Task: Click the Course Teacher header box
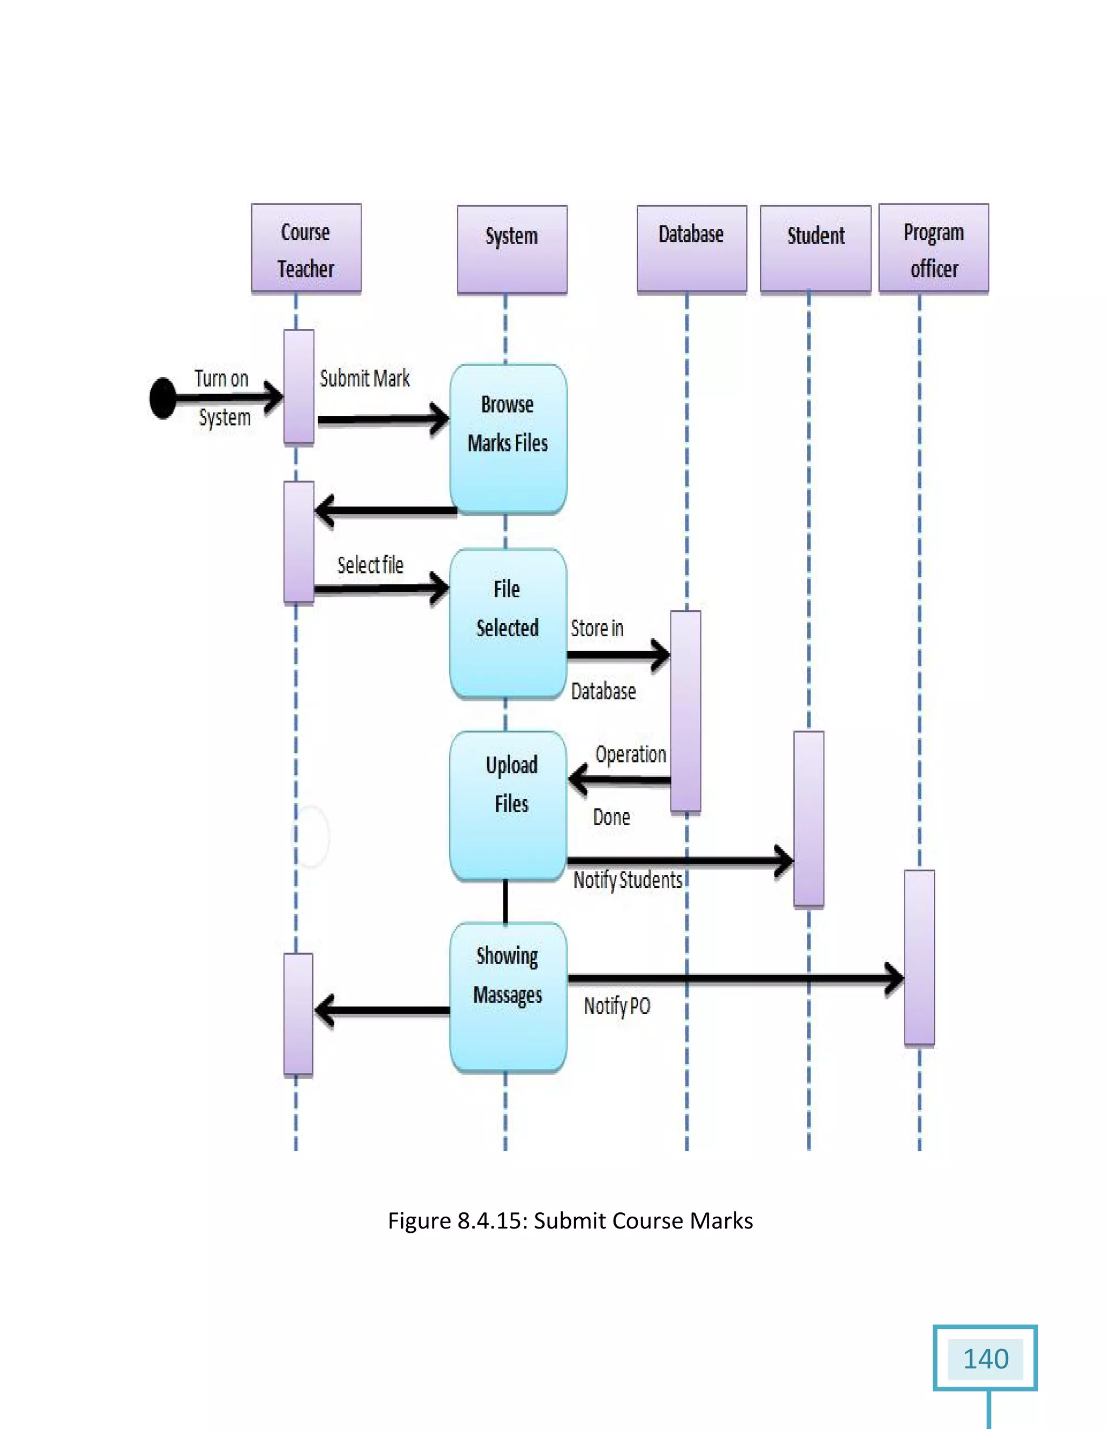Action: tap(306, 248)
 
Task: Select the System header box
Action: tap(512, 249)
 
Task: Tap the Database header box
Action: tap(691, 248)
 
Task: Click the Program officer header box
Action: tap(933, 248)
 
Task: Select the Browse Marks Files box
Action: tap(508, 438)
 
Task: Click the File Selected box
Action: tap(508, 623)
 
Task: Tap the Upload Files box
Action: tap(508, 805)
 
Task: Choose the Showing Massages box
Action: tap(508, 996)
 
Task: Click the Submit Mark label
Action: tap(365, 378)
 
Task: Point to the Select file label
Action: tap(370, 565)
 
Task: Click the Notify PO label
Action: tap(617, 1006)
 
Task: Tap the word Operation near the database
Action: tap(630, 754)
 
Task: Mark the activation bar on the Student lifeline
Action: tap(808, 819)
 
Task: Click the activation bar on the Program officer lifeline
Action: tap(919, 957)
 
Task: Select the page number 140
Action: tap(985, 1358)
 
